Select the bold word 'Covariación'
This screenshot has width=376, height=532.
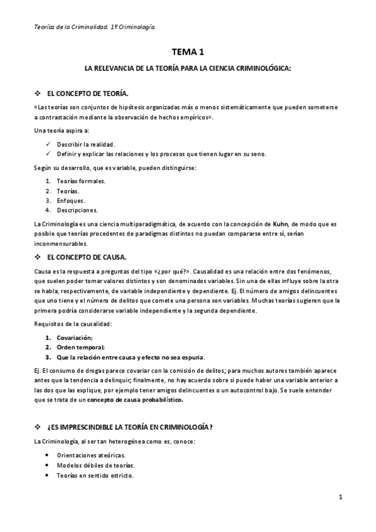click(x=74, y=338)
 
